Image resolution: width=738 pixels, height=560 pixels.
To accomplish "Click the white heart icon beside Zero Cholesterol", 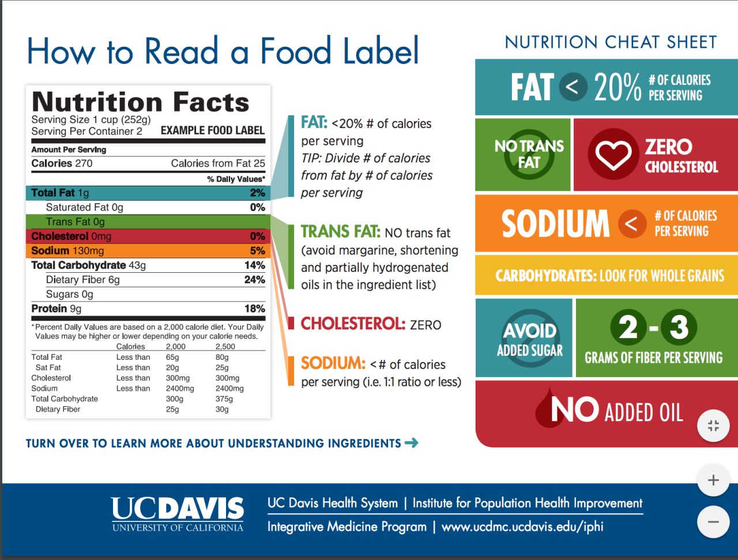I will [x=613, y=155].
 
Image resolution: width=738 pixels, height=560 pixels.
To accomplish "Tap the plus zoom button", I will [x=713, y=480].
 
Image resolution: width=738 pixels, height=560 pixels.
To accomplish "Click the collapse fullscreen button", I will [x=713, y=426].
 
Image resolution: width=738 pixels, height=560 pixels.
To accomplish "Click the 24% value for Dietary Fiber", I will [x=255, y=280].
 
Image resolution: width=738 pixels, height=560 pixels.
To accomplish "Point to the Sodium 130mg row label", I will [x=67, y=251].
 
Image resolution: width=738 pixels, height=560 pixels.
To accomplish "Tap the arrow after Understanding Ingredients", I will [x=412, y=443].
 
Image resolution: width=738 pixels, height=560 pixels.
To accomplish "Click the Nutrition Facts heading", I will [x=141, y=102].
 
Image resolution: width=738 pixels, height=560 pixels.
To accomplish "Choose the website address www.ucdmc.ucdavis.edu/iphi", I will [x=522, y=527].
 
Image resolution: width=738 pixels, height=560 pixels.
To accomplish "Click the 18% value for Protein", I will [x=255, y=309].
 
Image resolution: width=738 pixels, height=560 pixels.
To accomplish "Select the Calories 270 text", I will [x=62, y=163].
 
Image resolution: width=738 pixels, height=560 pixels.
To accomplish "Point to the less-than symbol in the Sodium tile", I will [x=632, y=224].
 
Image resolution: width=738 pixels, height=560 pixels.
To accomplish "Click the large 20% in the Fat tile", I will [x=617, y=88].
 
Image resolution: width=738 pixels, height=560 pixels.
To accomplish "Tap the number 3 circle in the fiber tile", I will [x=679, y=327].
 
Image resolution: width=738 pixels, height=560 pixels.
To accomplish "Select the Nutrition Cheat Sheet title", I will [x=611, y=42].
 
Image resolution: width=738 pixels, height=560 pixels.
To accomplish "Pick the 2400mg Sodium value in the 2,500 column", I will [x=229, y=389].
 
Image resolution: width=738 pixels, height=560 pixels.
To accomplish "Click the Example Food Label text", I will [x=212, y=131].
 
